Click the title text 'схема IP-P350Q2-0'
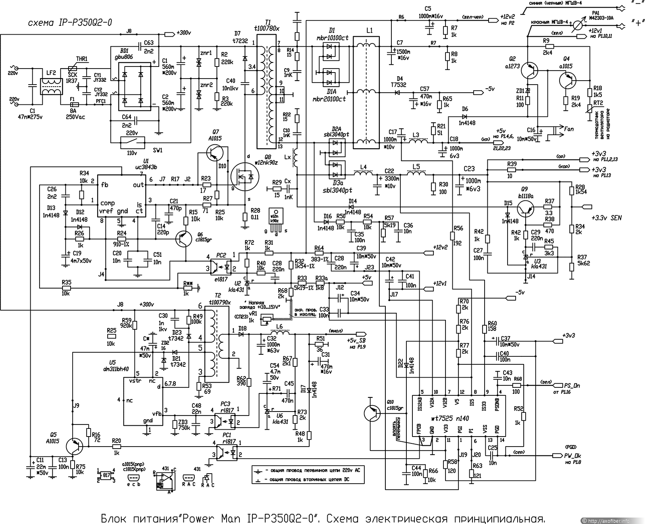tap(69, 23)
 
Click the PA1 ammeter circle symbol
tap(577, 25)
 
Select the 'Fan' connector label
tap(569, 129)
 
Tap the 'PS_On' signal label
tap(571, 385)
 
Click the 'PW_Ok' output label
tap(572, 455)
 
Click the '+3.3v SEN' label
tap(606, 218)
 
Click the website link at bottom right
tap(612, 520)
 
